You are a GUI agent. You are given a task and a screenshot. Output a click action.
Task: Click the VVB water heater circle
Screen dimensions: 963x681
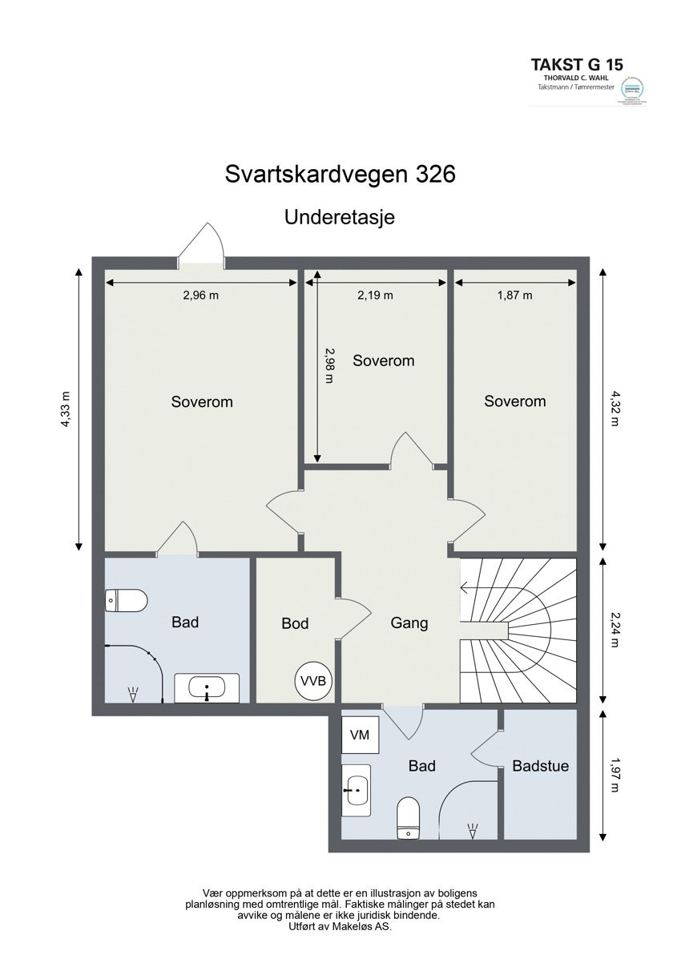[x=313, y=681]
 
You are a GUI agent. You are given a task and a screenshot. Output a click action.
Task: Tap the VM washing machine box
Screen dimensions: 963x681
[x=360, y=735]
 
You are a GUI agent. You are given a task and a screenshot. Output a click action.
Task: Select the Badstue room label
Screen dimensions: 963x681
[x=540, y=766]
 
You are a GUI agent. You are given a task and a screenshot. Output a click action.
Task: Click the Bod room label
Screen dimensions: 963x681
[x=295, y=623]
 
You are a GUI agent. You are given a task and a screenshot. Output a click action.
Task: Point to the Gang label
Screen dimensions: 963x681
[x=409, y=623]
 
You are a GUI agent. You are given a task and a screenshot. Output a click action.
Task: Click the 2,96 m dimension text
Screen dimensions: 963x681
[x=201, y=295]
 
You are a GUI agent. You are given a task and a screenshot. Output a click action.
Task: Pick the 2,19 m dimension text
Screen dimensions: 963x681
[x=375, y=295]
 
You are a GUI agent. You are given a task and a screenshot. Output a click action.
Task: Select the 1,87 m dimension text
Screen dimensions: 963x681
[x=514, y=295]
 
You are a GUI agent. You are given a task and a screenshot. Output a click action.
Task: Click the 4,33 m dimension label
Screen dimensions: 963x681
[x=66, y=410]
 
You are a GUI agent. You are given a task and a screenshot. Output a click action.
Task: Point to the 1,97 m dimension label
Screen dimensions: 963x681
[x=615, y=776]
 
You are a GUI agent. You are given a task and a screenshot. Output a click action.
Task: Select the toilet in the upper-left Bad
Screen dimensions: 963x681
[x=127, y=600]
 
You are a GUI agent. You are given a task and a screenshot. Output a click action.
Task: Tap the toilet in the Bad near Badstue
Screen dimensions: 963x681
[x=409, y=818]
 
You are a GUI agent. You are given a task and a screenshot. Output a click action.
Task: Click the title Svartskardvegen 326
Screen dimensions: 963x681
[x=340, y=175]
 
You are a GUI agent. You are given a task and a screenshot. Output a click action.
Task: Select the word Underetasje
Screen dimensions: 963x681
[x=340, y=216]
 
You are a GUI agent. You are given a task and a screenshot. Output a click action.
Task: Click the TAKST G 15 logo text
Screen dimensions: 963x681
[x=578, y=64]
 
